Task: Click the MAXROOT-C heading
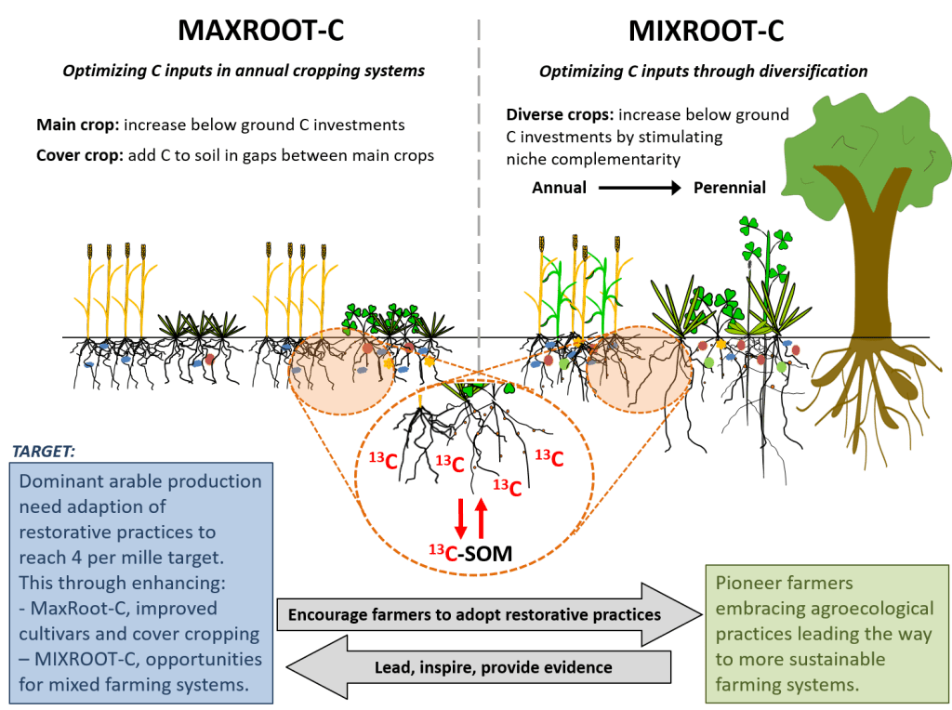pos(260,30)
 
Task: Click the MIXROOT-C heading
pos(706,30)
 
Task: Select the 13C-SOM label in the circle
pos(470,555)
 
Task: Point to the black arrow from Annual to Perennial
pos(639,188)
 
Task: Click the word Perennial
pos(730,188)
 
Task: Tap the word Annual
pos(558,188)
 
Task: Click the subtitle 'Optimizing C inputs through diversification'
pos(704,71)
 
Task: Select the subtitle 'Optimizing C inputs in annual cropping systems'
pos(244,71)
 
